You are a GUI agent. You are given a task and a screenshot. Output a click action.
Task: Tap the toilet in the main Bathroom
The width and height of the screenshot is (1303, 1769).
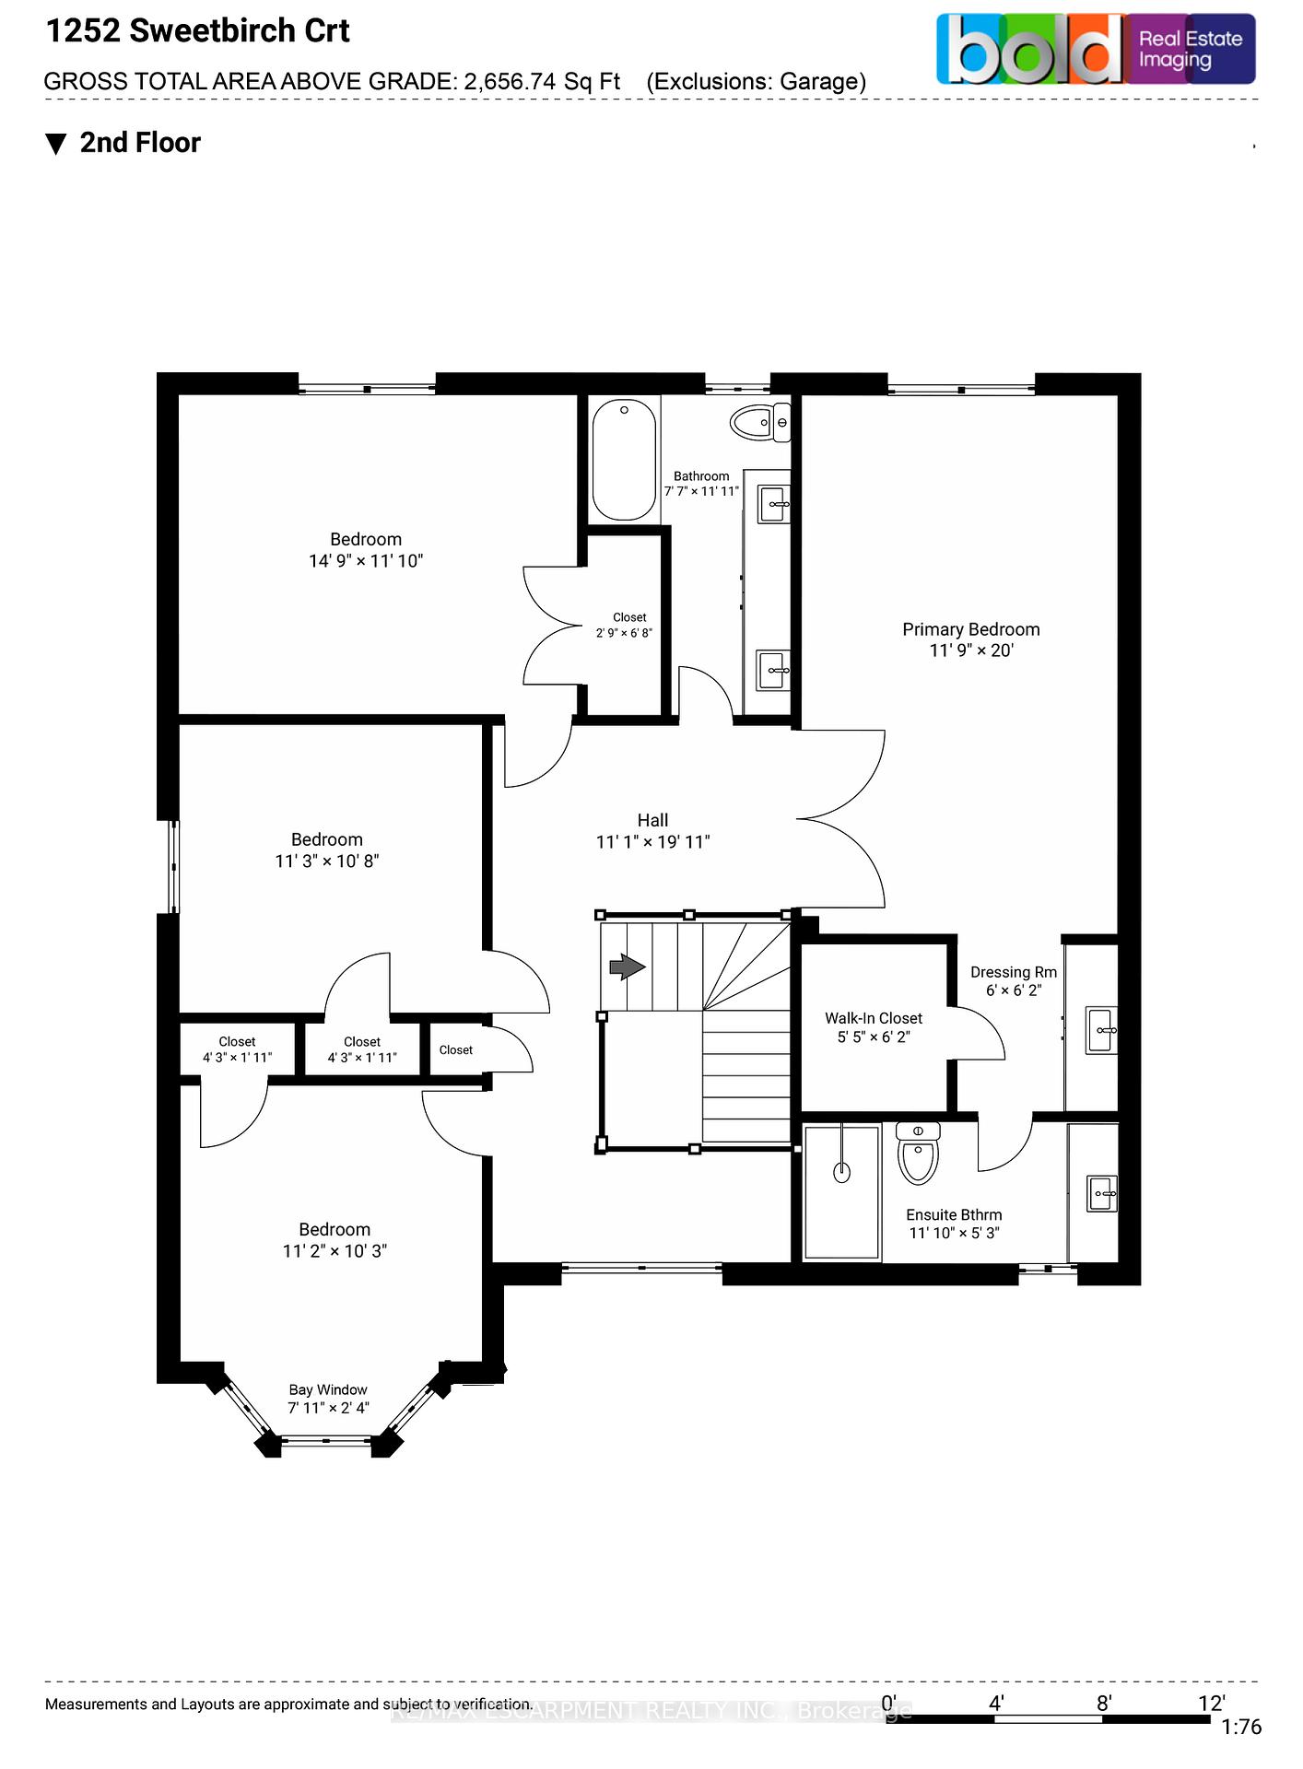[758, 423]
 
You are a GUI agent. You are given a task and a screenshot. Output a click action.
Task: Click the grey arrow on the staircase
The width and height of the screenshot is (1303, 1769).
[628, 967]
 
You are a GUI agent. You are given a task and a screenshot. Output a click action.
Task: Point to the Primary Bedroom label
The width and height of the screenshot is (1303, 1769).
[970, 629]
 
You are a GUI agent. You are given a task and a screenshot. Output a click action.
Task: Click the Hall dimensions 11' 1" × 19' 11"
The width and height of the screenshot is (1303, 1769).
[652, 841]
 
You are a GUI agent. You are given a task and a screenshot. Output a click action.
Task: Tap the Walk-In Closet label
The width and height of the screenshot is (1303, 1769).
[873, 1018]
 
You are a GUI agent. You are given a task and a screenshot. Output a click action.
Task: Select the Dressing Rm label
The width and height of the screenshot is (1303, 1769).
[1013, 972]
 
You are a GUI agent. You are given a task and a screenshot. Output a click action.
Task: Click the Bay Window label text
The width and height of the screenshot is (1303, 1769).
[328, 1389]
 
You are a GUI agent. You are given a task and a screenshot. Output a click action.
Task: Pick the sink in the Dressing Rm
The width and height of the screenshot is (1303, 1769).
[1101, 1030]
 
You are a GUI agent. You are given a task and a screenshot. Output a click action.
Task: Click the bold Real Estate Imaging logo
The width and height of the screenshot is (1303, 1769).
[1096, 50]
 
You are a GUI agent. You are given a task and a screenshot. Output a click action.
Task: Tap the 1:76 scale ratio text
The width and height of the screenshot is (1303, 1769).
[1240, 1728]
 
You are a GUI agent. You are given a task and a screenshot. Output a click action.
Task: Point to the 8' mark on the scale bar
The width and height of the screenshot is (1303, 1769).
[1103, 1703]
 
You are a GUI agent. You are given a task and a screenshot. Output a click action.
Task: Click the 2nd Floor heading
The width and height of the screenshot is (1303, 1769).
[140, 143]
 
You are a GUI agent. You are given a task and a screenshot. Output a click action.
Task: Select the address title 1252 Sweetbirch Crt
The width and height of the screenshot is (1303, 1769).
[198, 31]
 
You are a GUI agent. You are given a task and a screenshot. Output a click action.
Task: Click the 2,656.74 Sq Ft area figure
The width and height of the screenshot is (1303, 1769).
[542, 82]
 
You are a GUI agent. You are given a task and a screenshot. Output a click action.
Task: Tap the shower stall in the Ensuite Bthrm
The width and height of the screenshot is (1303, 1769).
[841, 1191]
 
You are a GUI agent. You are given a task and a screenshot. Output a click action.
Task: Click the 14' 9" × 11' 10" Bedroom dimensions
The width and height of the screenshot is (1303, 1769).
[366, 560]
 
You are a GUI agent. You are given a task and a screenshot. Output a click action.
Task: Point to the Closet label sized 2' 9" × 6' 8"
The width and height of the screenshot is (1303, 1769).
[628, 617]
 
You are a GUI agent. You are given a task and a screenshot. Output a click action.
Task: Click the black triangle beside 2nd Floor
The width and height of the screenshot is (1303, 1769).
[56, 145]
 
